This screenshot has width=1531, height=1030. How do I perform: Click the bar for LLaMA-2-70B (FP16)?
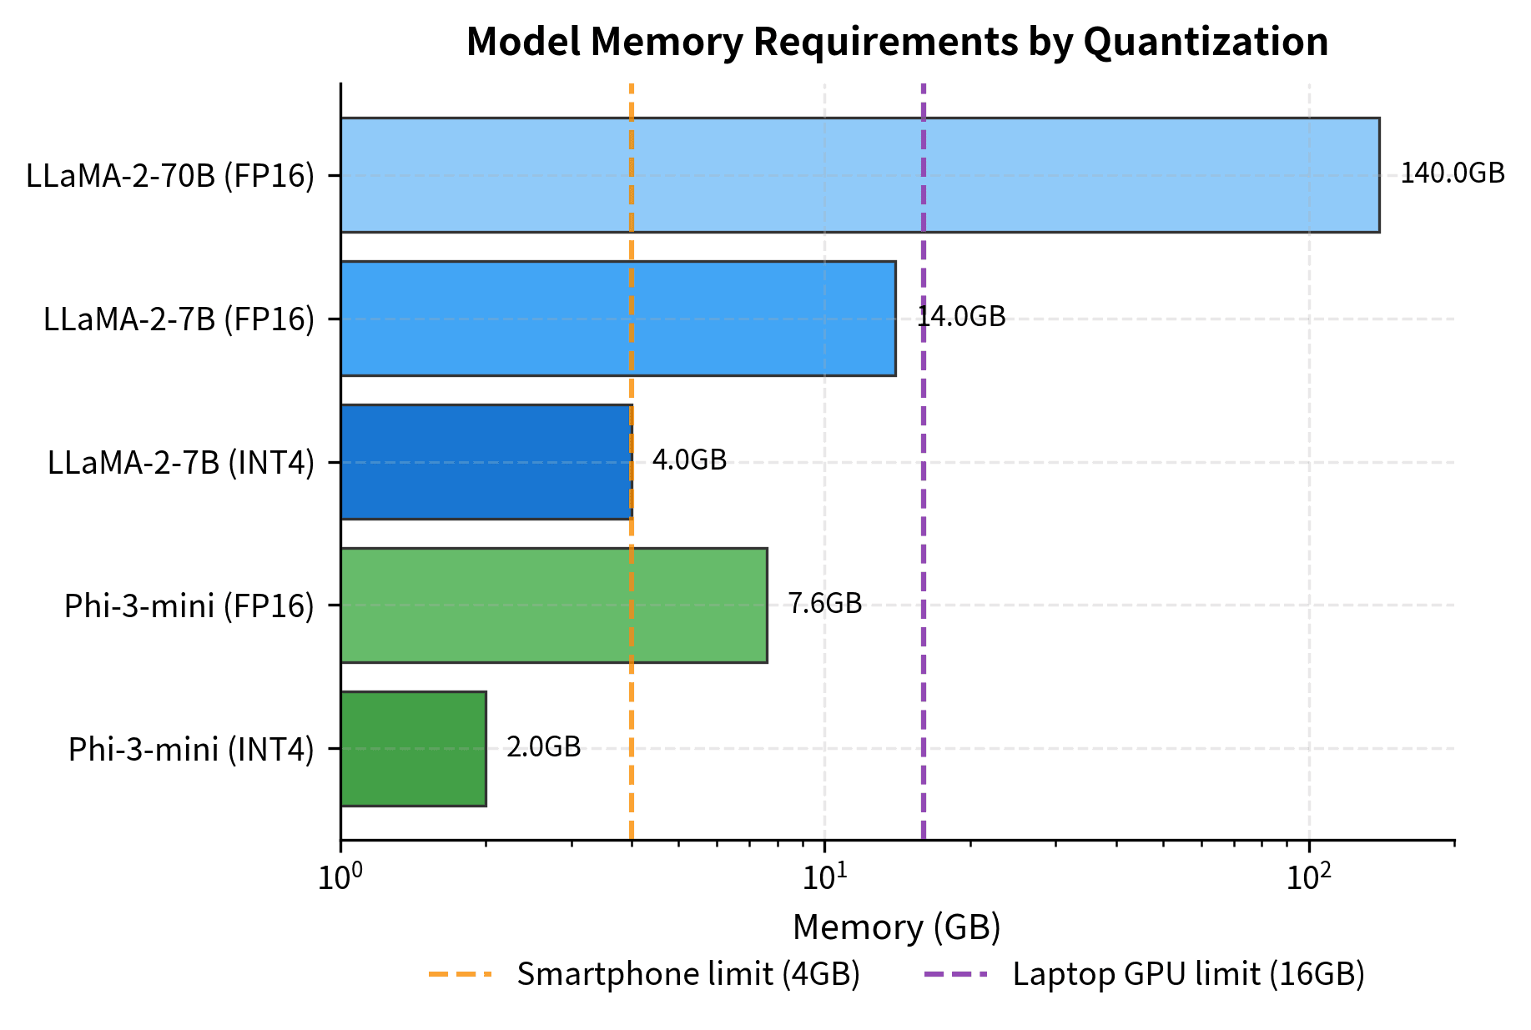point(859,175)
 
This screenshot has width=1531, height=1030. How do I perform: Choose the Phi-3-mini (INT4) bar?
point(413,749)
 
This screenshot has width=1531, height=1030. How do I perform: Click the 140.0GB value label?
point(1452,173)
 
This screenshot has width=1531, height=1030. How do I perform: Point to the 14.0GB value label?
point(961,317)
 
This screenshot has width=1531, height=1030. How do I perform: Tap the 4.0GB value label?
point(689,460)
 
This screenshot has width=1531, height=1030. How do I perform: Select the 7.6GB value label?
point(824,604)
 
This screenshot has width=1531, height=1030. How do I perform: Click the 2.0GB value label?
point(543,747)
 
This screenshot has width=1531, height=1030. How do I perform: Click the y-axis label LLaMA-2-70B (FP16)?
point(170,176)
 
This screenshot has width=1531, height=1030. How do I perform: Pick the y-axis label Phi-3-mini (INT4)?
point(191,750)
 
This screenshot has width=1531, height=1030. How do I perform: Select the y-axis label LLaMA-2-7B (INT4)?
point(181,463)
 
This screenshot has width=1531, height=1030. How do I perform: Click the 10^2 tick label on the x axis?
point(1310,877)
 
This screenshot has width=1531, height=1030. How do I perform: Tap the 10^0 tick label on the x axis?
point(340,877)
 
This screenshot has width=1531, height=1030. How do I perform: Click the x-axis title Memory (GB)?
point(896,927)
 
